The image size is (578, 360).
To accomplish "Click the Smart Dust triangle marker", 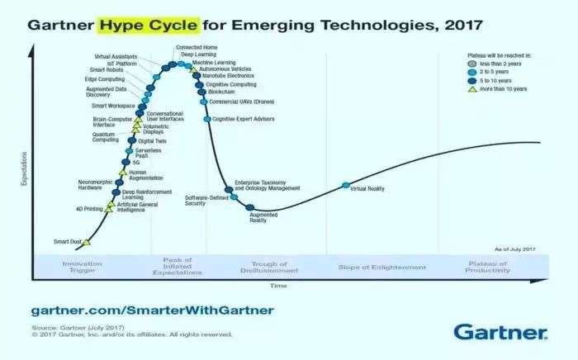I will pos(87,243).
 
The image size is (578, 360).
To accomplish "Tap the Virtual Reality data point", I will pos(345,187).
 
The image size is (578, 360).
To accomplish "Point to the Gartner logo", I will pos(500,332).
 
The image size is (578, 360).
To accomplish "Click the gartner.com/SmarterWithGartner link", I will pos(152,310).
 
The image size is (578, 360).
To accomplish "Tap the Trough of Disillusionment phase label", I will pos(263,268).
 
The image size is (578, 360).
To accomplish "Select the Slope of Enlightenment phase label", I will pos(381,268).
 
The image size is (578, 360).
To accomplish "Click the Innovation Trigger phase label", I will pos(82,268).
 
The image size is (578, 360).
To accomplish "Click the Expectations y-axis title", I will pos(25,168).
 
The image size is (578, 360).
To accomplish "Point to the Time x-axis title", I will pos(277,286).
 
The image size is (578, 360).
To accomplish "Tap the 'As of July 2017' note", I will pos(515,249).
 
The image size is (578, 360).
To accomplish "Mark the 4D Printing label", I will pos(89,209).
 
